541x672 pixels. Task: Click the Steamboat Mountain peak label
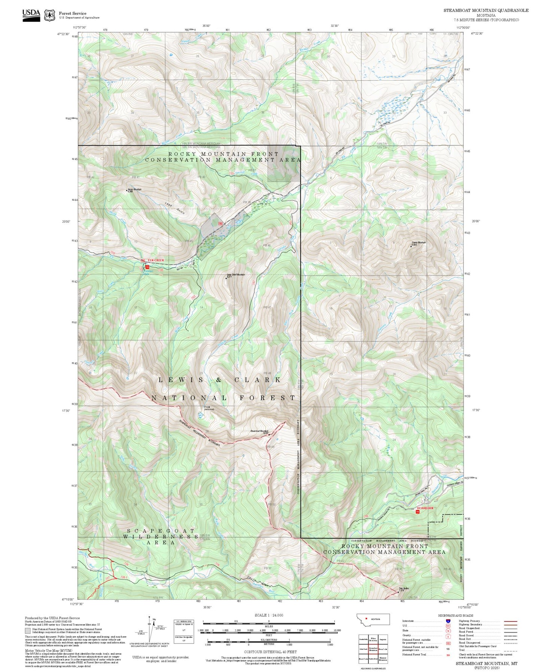tap(259, 432)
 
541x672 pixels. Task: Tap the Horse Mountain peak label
tap(134, 190)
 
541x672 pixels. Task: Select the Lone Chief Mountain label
tap(235, 275)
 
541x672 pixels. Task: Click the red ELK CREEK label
tap(156, 260)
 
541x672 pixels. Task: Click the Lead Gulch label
tap(175, 208)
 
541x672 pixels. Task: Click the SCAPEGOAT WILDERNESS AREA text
tap(161, 536)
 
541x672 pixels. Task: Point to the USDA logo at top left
tap(31, 15)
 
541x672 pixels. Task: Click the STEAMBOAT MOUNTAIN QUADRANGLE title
tap(486, 10)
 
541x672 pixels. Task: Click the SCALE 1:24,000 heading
tap(269, 615)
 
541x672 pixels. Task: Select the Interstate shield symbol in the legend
tap(448, 621)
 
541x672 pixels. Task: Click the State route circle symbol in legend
tap(448, 630)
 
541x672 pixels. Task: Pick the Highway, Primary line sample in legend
tap(510, 621)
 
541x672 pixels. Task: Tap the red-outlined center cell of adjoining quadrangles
tap(373, 650)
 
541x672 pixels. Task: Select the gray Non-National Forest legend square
tap(28, 630)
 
